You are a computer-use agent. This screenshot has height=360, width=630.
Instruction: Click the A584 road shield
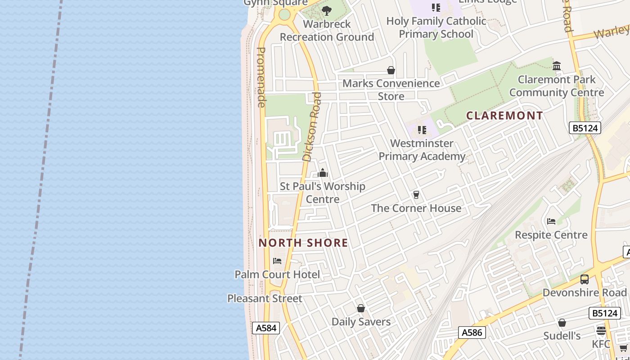tap(266, 328)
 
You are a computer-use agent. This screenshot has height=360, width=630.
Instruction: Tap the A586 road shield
tap(472, 333)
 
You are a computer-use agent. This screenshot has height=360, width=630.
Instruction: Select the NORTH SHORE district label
tap(303, 243)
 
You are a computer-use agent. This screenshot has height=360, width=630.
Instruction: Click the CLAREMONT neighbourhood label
tap(504, 116)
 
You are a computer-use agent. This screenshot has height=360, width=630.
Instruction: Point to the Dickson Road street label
tap(312, 127)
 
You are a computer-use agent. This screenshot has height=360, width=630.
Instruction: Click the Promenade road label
tap(261, 77)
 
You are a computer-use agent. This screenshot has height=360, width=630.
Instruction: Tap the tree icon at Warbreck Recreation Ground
tap(327, 10)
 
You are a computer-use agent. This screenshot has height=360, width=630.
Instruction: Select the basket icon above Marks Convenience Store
tap(391, 70)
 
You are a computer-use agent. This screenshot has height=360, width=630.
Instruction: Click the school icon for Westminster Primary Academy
tap(422, 130)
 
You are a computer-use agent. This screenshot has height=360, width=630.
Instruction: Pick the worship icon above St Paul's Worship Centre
tap(323, 173)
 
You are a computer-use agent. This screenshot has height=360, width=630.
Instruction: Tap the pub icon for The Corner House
tap(416, 195)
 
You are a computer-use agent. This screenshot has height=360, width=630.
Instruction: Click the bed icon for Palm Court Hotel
tap(277, 261)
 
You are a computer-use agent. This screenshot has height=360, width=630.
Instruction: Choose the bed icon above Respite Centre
tap(551, 221)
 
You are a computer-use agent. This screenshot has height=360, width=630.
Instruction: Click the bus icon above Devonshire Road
tap(585, 279)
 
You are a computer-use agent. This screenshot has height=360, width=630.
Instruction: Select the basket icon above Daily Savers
tap(361, 308)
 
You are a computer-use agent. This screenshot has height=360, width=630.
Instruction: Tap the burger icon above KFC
tap(601, 331)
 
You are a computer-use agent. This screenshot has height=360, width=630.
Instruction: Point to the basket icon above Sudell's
tap(562, 323)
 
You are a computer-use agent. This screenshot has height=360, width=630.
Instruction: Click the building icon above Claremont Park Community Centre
tap(557, 66)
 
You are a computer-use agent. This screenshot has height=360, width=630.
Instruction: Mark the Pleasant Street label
tap(265, 298)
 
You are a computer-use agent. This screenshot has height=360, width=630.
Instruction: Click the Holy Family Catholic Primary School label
tap(436, 27)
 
